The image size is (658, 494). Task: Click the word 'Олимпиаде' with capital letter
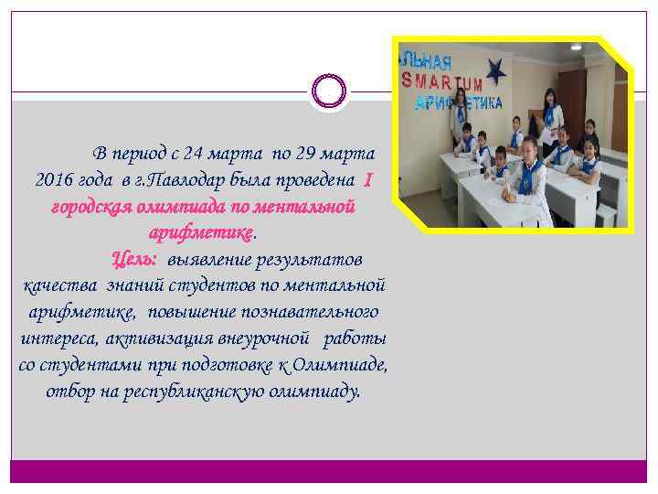tap(342, 365)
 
